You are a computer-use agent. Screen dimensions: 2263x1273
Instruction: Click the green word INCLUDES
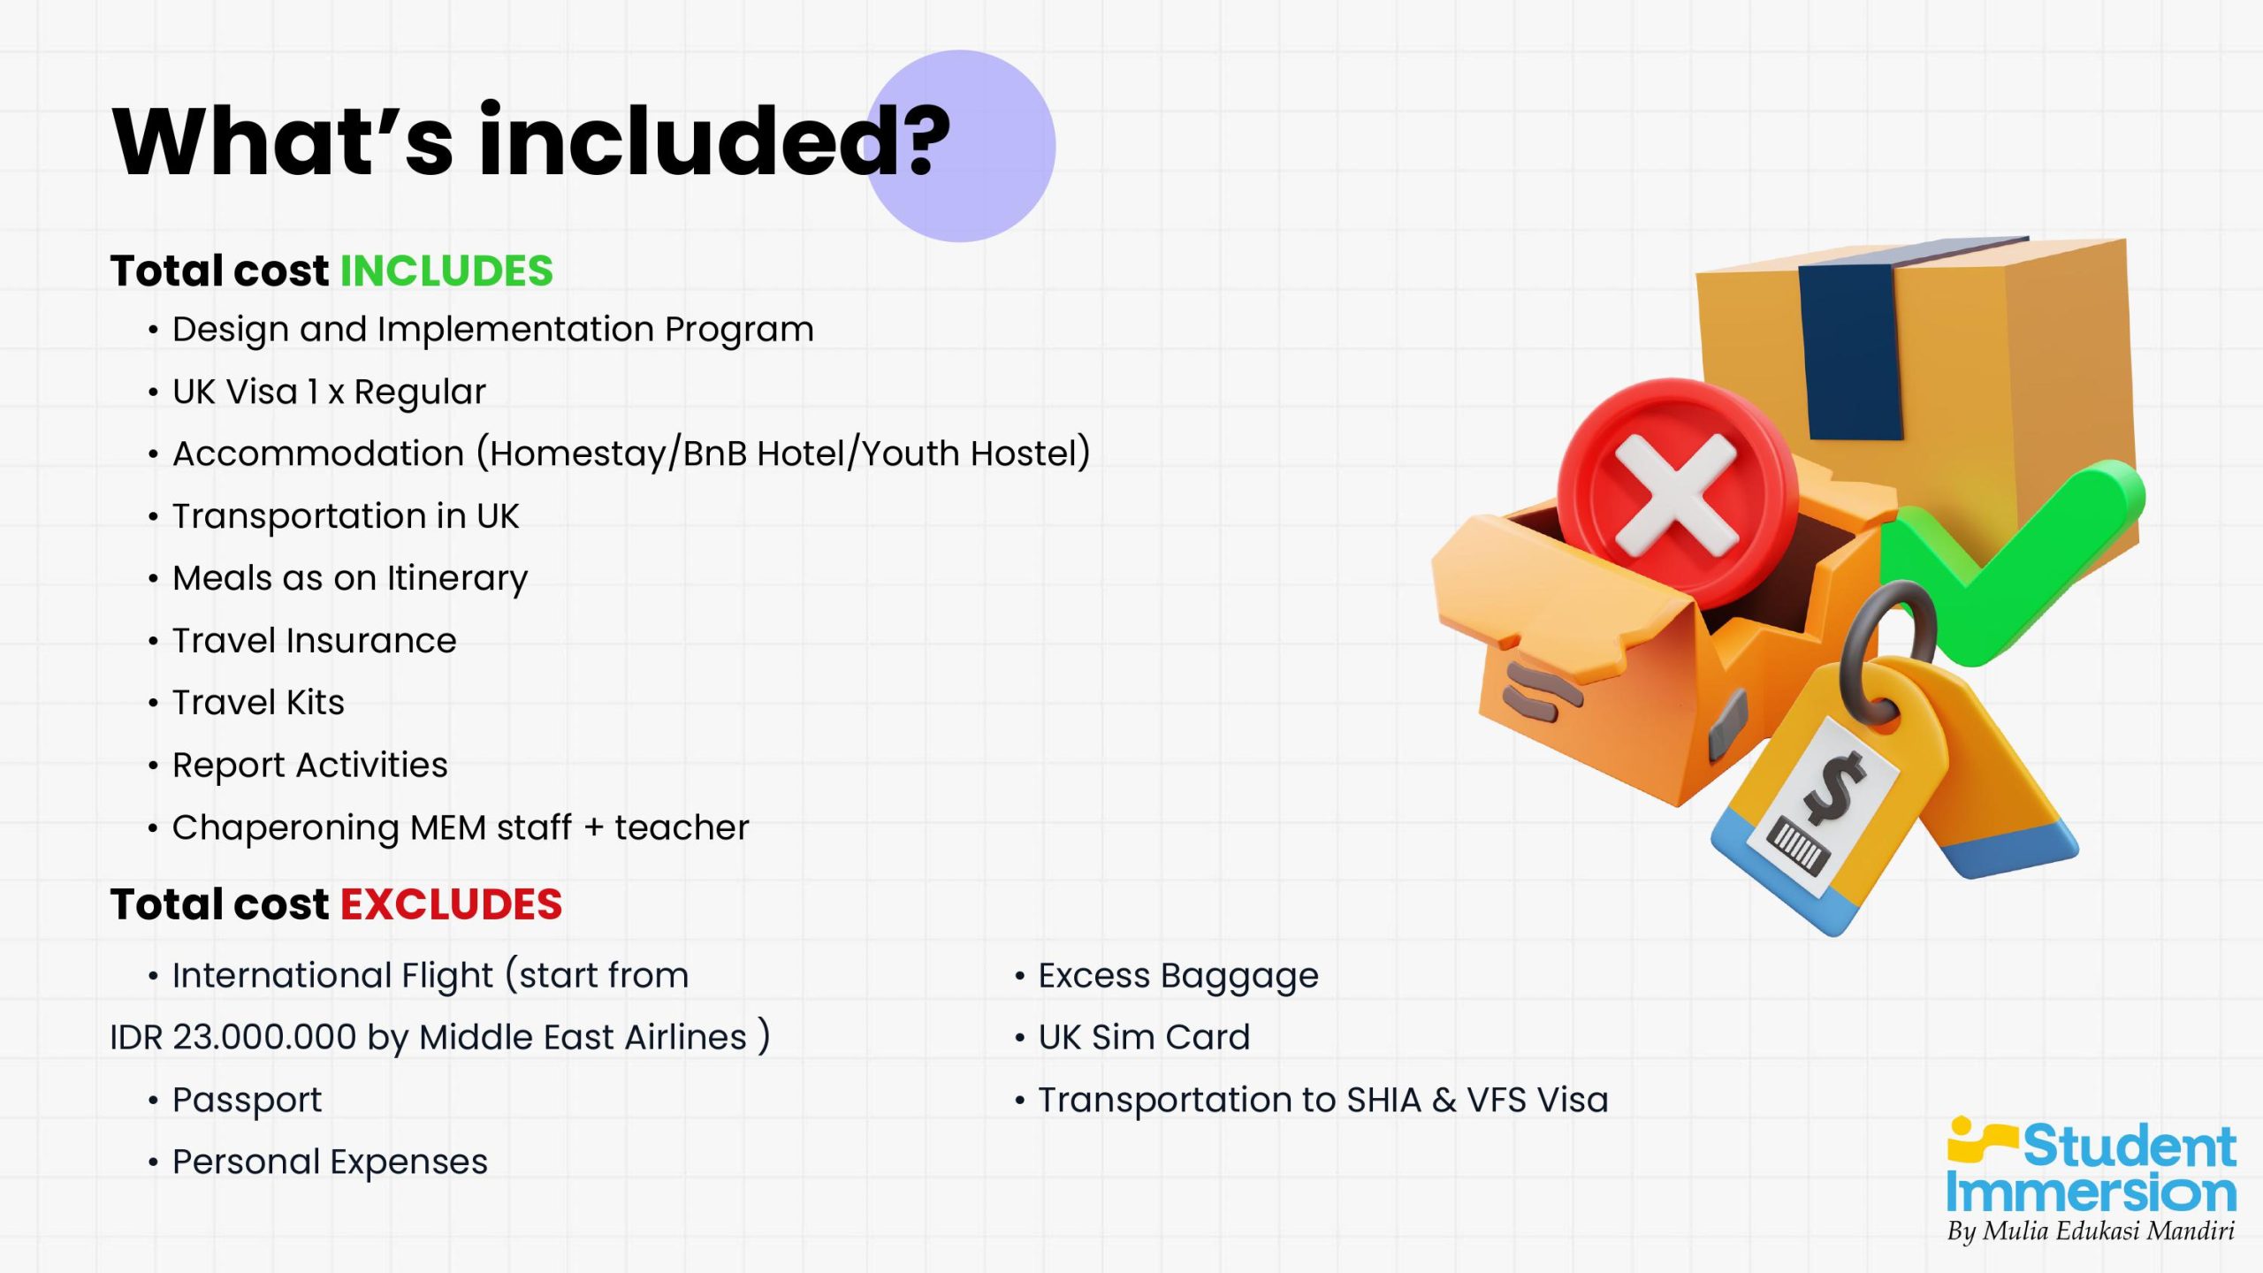446,271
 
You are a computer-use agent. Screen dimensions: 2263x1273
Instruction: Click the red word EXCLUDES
451,904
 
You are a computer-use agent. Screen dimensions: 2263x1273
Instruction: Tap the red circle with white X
1677,494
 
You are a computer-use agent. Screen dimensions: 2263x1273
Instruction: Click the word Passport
247,1101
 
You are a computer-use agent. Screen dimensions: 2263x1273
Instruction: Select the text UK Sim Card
1144,1037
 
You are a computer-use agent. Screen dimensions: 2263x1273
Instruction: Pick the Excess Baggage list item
1178,976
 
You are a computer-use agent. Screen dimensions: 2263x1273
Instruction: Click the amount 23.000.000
264,1037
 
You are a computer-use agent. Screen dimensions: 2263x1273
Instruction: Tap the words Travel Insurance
314,640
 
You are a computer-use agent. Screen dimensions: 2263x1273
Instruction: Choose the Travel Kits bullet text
258,702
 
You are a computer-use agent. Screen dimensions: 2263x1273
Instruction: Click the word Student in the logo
2130,1147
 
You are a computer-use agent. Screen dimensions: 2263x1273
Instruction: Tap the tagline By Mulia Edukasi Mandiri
2091,1231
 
